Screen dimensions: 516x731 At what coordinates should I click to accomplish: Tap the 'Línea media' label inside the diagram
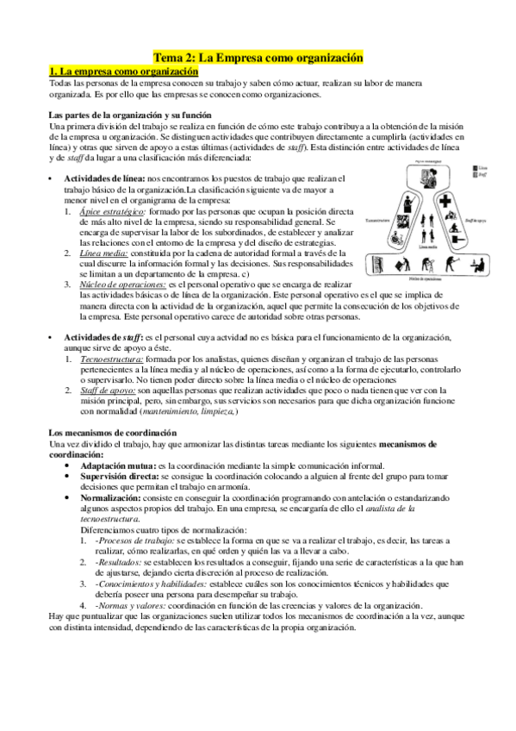[x=417, y=245]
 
